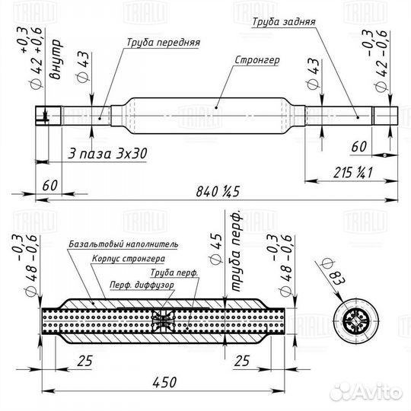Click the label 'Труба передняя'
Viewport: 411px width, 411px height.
[164, 43]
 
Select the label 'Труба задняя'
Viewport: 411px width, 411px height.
[284, 22]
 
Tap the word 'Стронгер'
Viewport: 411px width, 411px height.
[257, 60]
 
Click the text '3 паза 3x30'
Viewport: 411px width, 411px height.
[107, 154]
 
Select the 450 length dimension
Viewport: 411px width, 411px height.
[164, 382]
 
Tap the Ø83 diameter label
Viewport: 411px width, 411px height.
[334, 272]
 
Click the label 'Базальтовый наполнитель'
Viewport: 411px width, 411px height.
[123, 244]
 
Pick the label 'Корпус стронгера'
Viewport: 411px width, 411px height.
[129, 259]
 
